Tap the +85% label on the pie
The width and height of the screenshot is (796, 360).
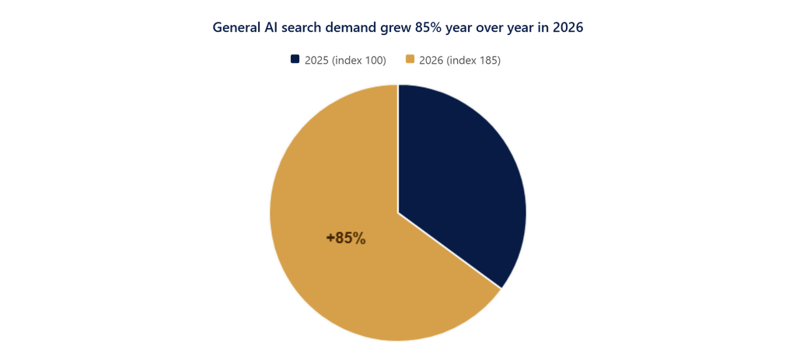[346, 238]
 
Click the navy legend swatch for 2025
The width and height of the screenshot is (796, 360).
[295, 59]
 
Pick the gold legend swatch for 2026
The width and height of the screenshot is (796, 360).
[410, 59]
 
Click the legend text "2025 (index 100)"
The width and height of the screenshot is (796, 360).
[345, 61]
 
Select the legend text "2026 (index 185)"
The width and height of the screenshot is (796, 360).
[460, 61]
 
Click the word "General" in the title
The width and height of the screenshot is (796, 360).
[236, 27]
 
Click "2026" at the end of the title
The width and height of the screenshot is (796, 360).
[568, 27]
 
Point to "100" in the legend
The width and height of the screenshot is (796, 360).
[374, 61]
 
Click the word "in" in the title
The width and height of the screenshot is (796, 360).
[543, 27]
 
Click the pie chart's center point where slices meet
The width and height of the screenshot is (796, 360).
[398, 213]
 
